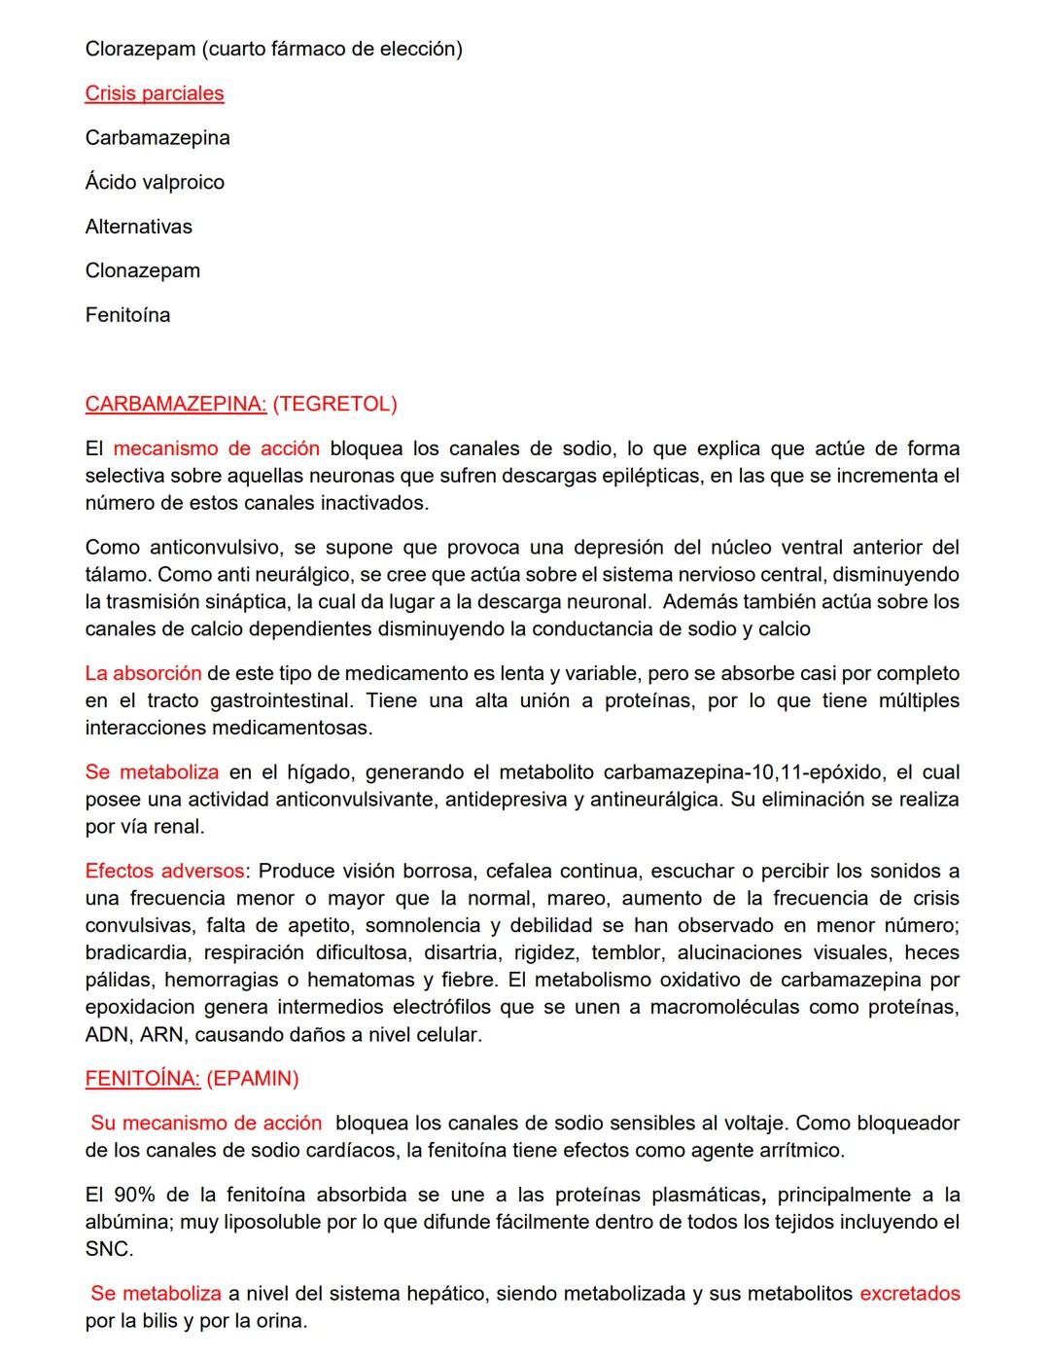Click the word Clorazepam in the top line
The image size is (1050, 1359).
(140, 49)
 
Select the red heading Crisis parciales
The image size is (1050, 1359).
(155, 93)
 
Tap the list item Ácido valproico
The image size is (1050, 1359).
(155, 182)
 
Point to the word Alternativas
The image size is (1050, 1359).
(139, 227)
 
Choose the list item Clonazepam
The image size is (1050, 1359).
(143, 270)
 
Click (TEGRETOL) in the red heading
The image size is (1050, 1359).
(334, 404)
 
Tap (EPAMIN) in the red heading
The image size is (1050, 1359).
(253, 1078)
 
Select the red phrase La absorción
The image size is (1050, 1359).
(143, 673)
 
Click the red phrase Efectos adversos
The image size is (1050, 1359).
(164, 871)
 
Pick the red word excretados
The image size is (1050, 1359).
(909, 1294)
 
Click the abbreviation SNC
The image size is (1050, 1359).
(108, 1249)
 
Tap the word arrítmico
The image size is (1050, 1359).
(802, 1150)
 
